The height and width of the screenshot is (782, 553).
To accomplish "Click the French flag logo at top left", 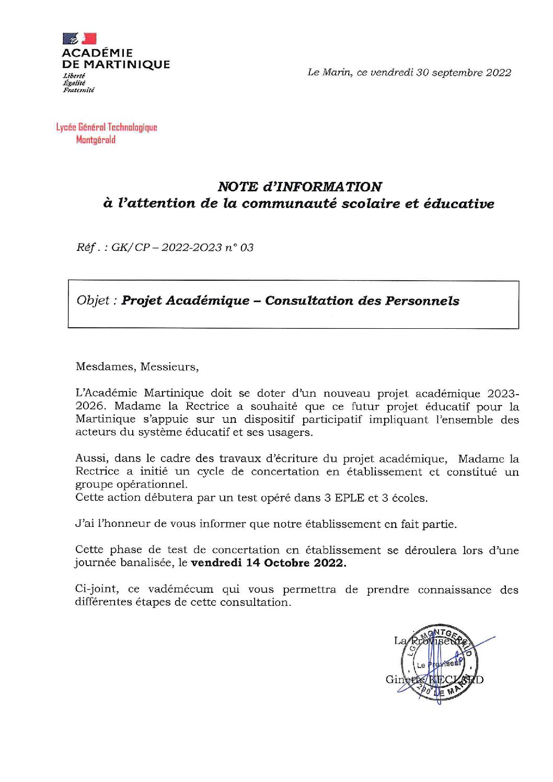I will coord(79,39).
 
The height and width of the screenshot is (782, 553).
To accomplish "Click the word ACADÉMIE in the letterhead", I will coord(97,53).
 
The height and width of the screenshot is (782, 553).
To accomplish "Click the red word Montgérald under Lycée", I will coord(96,140).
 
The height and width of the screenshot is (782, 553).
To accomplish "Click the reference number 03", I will coord(247,247).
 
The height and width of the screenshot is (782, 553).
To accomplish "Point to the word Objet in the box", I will coord(93,301).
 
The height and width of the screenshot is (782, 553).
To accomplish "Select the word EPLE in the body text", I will coord(344,498).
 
